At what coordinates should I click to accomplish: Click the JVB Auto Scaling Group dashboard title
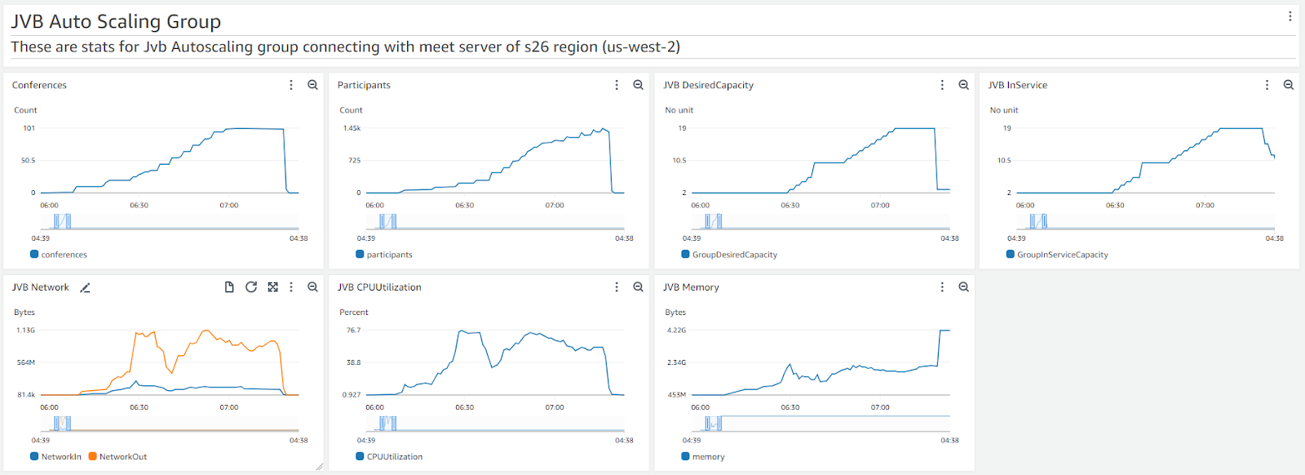(x=116, y=21)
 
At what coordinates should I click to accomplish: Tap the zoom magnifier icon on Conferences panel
(x=312, y=85)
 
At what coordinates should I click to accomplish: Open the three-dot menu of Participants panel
(x=617, y=85)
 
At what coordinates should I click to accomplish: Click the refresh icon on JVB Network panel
(x=251, y=287)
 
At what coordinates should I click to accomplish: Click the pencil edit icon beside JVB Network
(x=85, y=287)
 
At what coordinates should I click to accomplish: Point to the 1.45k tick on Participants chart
(x=352, y=128)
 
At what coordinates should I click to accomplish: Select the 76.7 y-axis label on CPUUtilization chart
(x=353, y=331)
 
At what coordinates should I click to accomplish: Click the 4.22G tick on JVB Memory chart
(x=676, y=331)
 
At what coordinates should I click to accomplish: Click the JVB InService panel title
(x=1017, y=85)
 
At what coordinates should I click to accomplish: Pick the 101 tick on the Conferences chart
(x=29, y=128)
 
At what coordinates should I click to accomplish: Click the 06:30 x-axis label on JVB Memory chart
(x=790, y=407)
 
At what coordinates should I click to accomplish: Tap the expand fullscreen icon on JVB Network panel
(x=272, y=287)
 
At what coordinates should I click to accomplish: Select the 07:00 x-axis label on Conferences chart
(x=228, y=206)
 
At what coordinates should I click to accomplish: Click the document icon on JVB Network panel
(x=229, y=287)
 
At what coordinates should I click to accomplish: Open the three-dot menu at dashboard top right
(x=1290, y=16)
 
